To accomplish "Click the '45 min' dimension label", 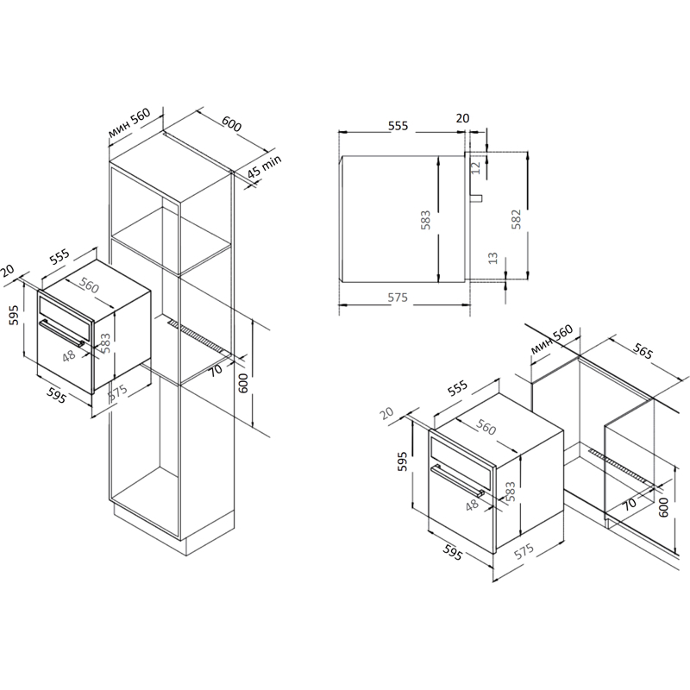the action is [264, 166].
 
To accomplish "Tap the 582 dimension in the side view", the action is [516, 219].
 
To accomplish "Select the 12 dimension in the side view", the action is [476, 167].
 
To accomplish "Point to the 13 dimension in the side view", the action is [492, 258].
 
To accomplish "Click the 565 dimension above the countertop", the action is [643, 350].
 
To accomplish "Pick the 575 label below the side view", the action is [398, 298].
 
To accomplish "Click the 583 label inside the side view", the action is [425, 220].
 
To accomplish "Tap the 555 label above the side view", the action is [398, 126].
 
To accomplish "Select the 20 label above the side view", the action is [462, 118].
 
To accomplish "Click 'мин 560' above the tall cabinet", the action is [129, 122].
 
